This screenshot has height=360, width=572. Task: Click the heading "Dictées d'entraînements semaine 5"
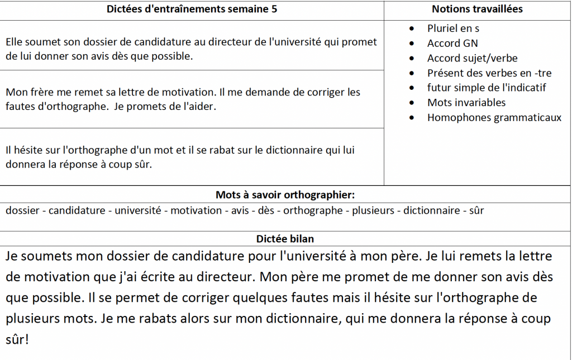[192, 9]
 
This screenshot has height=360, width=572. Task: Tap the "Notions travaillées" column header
[477, 9]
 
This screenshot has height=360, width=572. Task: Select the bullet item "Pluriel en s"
[453, 28]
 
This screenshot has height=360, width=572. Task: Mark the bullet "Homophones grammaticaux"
[494, 117]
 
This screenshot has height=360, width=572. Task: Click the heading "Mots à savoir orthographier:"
[285, 195]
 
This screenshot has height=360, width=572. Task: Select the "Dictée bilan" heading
[285, 239]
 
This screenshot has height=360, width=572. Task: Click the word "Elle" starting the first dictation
[15, 42]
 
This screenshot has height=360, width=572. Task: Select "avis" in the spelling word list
[240, 210]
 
